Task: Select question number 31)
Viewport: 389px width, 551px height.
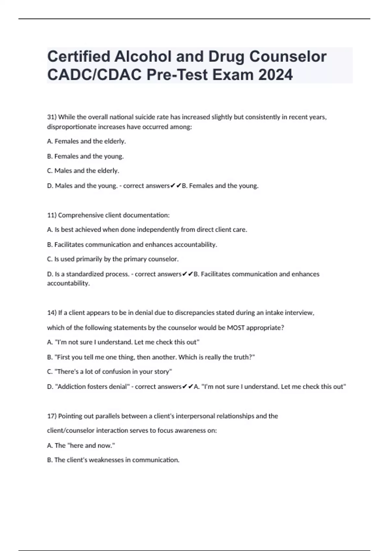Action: click(x=52, y=117)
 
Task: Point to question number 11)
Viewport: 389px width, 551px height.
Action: click(x=52, y=215)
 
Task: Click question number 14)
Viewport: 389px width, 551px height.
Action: click(x=52, y=313)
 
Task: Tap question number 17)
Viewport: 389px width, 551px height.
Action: click(x=52, y=416)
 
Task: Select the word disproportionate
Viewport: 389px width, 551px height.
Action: click(x=70, y=127)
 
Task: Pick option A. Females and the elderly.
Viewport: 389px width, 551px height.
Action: click(x=87, y=141)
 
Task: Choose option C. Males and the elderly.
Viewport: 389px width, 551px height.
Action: click(x=83, y=170)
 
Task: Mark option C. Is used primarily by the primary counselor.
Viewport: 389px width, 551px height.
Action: click(x=113, y=259)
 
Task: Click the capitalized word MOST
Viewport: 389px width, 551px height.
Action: click(x=236, y=328)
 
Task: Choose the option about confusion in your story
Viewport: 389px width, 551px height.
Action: click(x=110, y=371)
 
